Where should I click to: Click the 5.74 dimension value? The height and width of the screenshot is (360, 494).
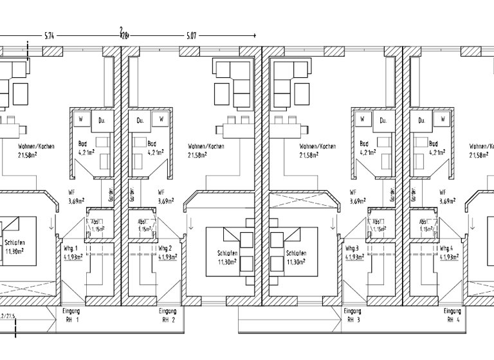pos(49,35)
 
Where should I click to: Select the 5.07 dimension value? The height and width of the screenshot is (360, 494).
pos(191,35)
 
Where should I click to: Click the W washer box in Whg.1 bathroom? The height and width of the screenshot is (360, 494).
pos(82,120)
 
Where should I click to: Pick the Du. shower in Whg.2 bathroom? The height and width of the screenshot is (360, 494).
pos(138,120)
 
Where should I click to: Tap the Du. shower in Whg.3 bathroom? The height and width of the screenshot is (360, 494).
pos(383,120)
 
